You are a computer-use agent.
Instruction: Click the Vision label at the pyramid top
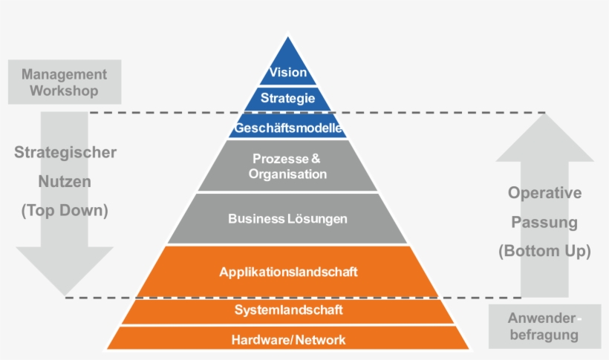[x=288, y=73]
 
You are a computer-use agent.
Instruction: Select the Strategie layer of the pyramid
[x=288, y=98]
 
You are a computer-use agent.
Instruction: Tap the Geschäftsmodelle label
[x=288, y=128]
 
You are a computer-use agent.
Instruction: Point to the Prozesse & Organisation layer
[x=288, y=166]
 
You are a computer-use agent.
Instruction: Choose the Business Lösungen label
[x=288, y=219]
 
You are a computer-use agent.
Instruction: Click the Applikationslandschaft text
[x=288, y=272]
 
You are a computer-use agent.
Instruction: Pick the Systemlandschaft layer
[x=288, y=310]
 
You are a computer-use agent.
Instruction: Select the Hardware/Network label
[x=288, y=340]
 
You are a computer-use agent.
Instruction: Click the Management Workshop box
[x=64, y=83]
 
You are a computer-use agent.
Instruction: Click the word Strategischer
[x=65, y=153]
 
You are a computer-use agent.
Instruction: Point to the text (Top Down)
[x=65, y=211]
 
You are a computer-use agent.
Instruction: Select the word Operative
[x=544, y=193]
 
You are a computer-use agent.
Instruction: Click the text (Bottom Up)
[x=544, y=251]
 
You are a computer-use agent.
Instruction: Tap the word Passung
[x=544, y=222]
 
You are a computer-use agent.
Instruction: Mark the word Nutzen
[x=65, y=182]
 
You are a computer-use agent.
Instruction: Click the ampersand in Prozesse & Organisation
[x=316, y=159]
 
